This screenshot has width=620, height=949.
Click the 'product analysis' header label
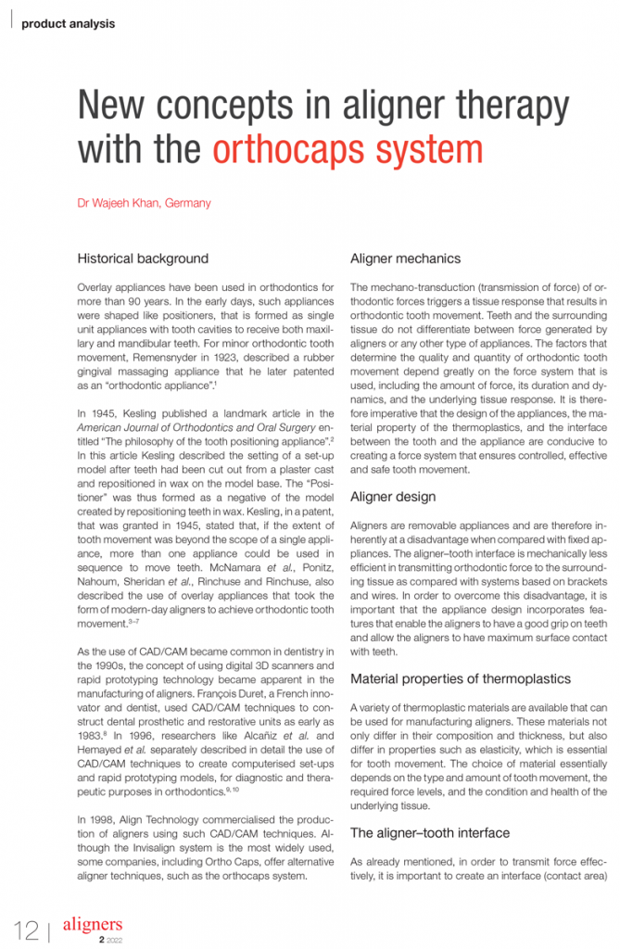pyautogui.click(x=69, y=23)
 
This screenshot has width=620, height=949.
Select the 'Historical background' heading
pyautogui.click(x=143, y=259)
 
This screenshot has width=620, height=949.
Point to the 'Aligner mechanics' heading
pyautogui.click(x=405, y=259)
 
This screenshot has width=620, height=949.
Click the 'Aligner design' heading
pyautogui.click(x=393, y=497)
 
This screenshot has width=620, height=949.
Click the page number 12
pyautogui.click(x=25, y=928)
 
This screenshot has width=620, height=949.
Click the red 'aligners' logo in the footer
pyautogui.click(x=92, y=924)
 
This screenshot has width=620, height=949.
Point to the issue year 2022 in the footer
pyautogui.click(x=115, y=940)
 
